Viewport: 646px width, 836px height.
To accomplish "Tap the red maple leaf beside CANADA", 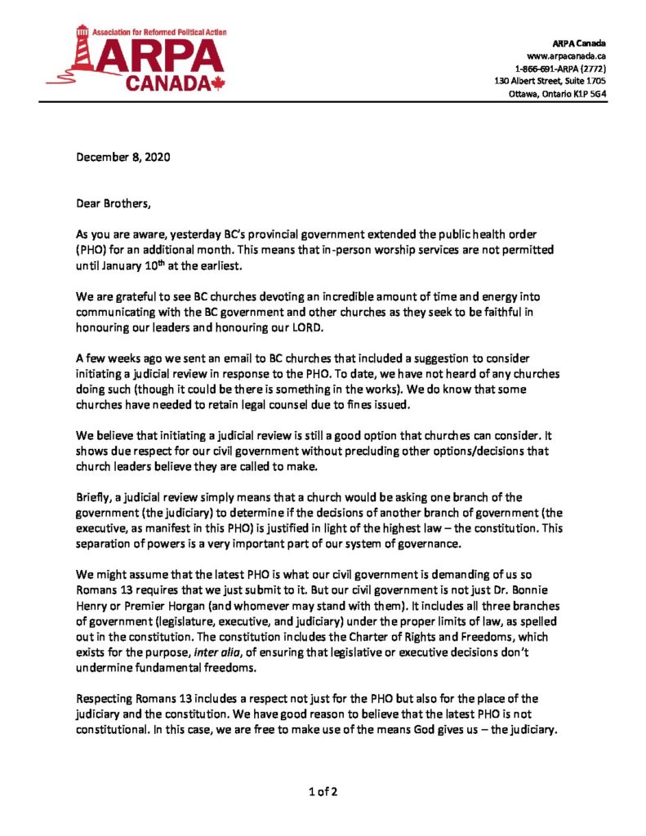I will [x=216, y=82].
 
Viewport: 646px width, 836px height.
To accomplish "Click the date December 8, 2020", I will [x=114, y=157].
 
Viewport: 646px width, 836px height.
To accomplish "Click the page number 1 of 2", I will [x=323, y=791].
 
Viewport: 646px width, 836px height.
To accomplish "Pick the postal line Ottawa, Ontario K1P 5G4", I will [x=553, y=94].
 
